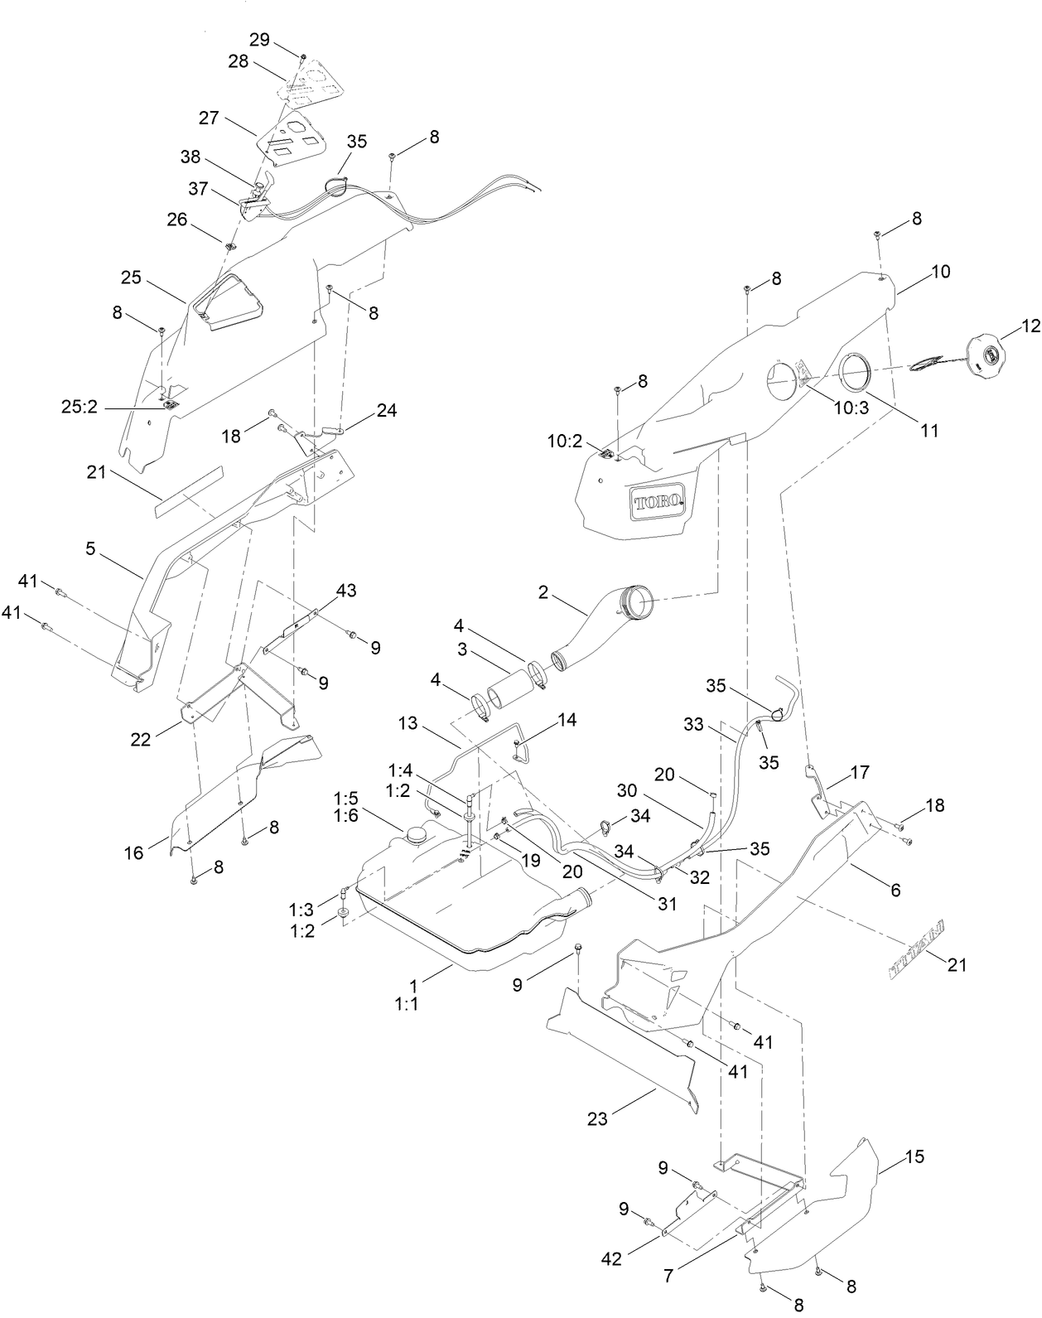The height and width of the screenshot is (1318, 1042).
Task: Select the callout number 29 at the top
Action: [x=259, y=41]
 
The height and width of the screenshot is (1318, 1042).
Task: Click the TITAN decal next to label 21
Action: [x=919, y=950]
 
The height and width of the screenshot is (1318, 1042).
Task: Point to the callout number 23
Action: [x=597, y=1118]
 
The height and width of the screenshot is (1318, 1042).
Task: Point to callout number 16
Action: [x=134, y=852]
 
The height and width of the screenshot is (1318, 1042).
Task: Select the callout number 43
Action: [x=346, y=591]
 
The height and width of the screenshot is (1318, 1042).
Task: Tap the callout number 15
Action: [x=914, y=1156]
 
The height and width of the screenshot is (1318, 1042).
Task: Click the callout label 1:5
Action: [x=346, y=799]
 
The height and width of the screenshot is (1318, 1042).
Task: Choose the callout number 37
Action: [x=198, y=189]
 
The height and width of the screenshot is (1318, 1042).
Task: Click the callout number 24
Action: [x=386, y=410]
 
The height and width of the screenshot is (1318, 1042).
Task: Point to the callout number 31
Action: [x=667, y=903]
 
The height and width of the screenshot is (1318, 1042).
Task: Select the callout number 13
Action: [x=408, y=722]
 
